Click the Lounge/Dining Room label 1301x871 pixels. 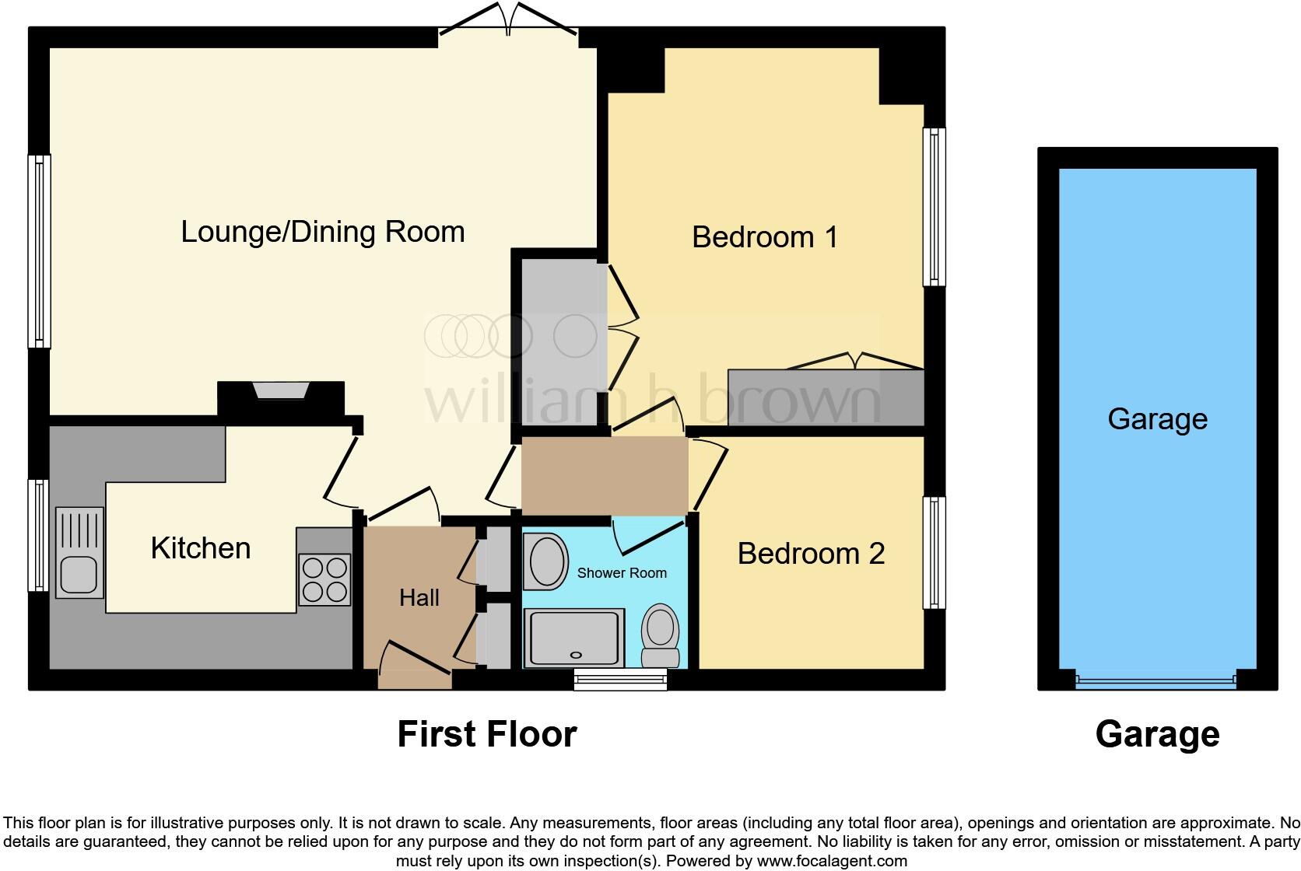(323, 232)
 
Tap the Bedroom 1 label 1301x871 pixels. (765, 237)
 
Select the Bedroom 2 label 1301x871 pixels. (811, 554)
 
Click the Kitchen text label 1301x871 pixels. (201, 548)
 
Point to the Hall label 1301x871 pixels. (419, 598)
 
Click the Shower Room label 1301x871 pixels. (622, 573)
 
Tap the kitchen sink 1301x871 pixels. (79, 552)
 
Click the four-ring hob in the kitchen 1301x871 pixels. (324, 579)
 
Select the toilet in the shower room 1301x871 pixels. (661, 634)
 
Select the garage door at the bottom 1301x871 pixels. (1155, 681)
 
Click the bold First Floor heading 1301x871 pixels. (487, 734)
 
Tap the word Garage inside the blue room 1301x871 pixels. (1157, 419)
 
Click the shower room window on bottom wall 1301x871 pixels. (621, 680)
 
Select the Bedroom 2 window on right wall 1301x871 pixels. (934, 553)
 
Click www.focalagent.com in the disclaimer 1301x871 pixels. (832, 861)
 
